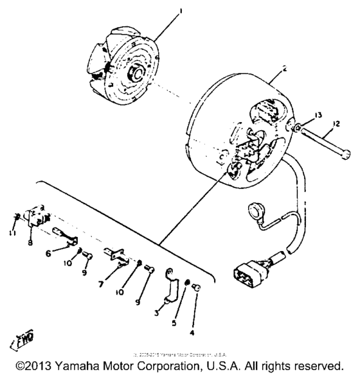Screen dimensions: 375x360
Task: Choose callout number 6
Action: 66,254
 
